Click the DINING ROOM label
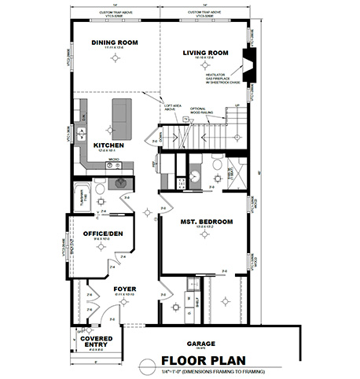pos(116,42)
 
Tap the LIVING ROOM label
pos(205,53)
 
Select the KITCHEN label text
pos(108,145)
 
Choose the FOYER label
pos(124,289)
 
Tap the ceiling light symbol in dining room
pos(116,60)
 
